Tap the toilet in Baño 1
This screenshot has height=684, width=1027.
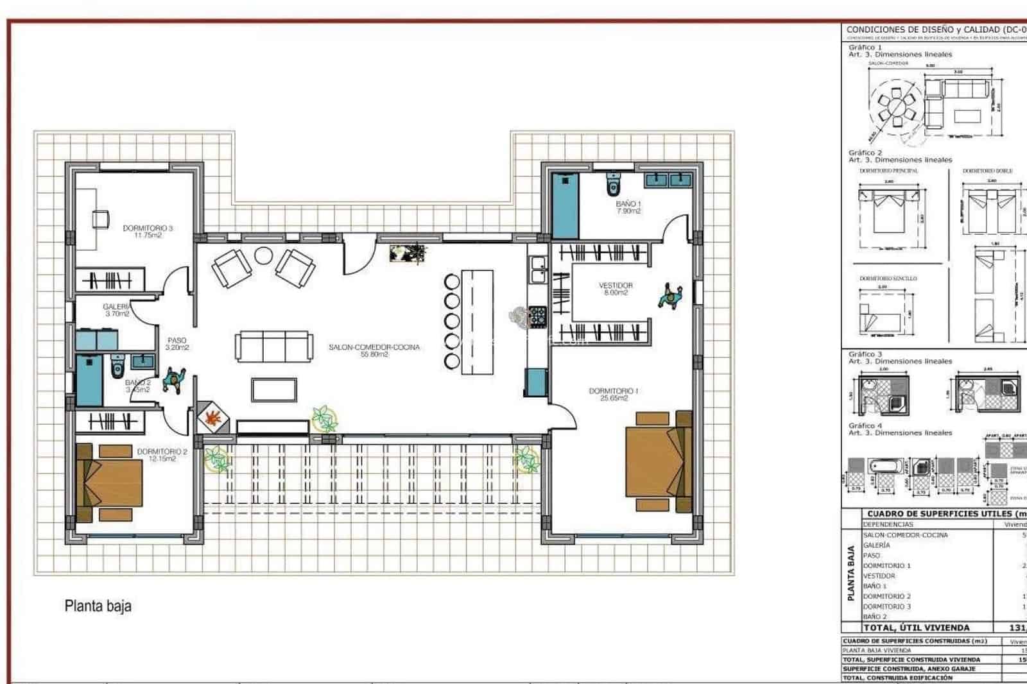613,185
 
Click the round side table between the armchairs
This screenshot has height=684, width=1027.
264,256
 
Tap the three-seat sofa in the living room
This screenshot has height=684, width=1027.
274,346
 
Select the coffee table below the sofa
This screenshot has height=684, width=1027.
274,390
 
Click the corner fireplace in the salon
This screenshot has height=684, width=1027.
212,418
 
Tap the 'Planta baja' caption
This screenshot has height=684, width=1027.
98,606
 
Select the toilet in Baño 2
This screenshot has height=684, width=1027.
117,367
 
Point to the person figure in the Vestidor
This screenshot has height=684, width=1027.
670,297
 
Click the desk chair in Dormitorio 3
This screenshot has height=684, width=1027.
100,219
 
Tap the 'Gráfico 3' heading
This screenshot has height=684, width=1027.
865,354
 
